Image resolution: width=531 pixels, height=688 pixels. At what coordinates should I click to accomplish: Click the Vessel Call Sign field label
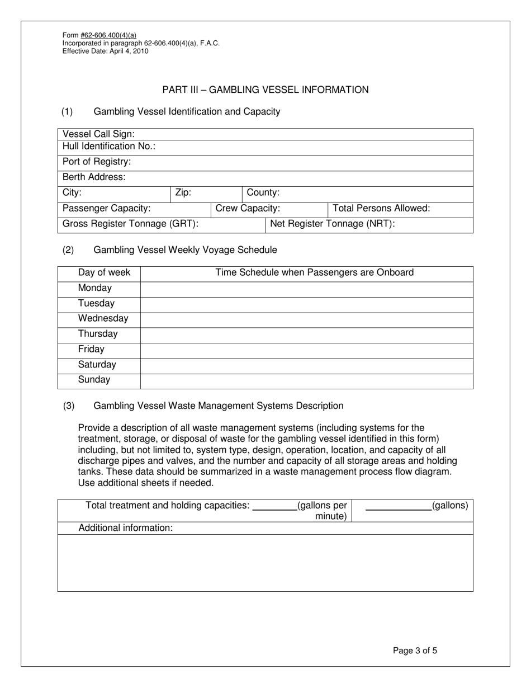[x=99, y=134]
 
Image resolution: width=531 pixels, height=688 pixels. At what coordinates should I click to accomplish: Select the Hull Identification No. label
[x=109, y=147]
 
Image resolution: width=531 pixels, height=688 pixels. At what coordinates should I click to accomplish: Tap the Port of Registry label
[x=97, y=162]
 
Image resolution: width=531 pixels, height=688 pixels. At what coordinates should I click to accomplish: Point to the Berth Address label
[x=94, y=177]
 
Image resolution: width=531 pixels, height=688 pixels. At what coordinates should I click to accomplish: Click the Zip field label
[x=183, y=193]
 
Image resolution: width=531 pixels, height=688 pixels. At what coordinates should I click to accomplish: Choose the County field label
[x=263, y=193]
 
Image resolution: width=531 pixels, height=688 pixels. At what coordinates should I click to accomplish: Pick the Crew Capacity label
[x=248, y=209]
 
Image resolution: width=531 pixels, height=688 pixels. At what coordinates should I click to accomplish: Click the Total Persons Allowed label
[x=381, y=209]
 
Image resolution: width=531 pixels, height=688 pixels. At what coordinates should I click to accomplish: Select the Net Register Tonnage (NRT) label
[x=333, y=224]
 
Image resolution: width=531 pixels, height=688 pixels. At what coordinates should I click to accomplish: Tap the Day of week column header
[x=104, y=273]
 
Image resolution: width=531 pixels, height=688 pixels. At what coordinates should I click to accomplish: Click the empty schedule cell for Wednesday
[x=306, y=319]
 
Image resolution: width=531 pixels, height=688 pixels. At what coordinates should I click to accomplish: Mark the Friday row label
[x=91, y=350]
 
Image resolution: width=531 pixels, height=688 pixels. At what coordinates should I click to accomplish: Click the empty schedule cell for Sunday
[x=306, y=380]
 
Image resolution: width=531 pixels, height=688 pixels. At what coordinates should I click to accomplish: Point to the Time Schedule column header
[x=315, y=273]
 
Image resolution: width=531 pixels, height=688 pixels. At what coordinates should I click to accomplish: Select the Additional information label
[x=125, y=528]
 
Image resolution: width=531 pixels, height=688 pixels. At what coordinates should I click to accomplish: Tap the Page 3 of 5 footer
[x=415, y=651]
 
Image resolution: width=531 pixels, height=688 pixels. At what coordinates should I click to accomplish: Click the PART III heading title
[x=265, y=90]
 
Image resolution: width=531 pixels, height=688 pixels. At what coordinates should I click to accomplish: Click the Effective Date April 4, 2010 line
[x=106, y=51]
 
